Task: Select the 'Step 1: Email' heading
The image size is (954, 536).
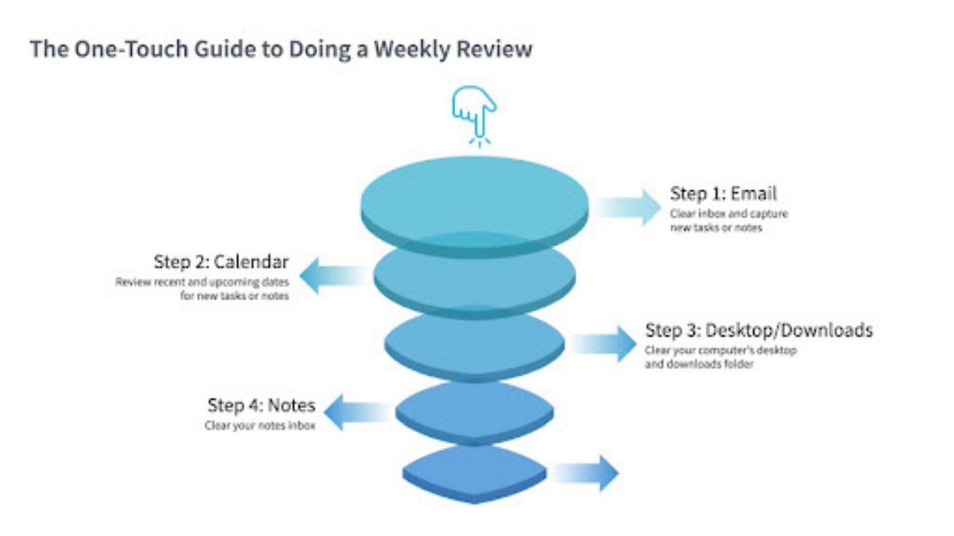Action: [723, 193]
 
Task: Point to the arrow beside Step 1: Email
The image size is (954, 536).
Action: [629, 207]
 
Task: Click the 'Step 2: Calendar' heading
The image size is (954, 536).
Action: [221, 262]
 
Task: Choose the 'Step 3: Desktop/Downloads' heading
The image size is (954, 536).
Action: [759, 330]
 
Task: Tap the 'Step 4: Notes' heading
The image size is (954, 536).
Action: [262, 405]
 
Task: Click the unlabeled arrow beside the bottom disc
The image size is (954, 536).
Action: [585, 474]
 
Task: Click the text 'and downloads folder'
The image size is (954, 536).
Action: [699, 364]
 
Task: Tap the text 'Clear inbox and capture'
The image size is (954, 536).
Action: [729, 214]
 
